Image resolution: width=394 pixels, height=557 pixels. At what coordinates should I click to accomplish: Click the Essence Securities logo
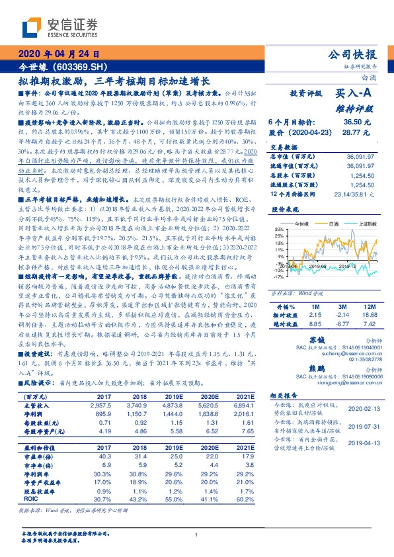tap(52, 27)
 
